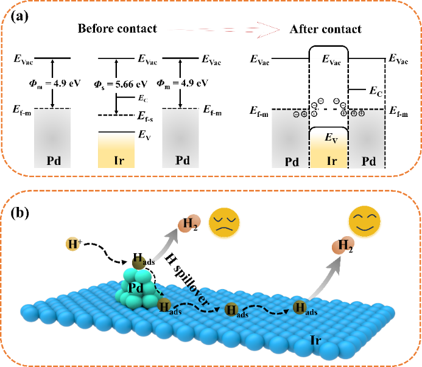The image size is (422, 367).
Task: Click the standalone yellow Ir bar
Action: (116, 150)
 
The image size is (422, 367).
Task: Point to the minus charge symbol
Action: (296, 114)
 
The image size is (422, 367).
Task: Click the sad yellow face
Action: (224, 223)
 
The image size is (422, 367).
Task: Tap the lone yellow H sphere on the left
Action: (72, 245)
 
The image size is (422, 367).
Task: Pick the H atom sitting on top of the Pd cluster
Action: (139, 262)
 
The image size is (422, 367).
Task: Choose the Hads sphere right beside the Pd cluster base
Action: (164, 305)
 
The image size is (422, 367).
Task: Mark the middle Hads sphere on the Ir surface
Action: (231, 309)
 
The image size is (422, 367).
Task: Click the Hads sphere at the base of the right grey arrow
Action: (298, 307)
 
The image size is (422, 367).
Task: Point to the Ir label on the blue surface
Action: (315, 340)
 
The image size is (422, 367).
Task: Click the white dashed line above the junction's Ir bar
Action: (328, 110)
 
